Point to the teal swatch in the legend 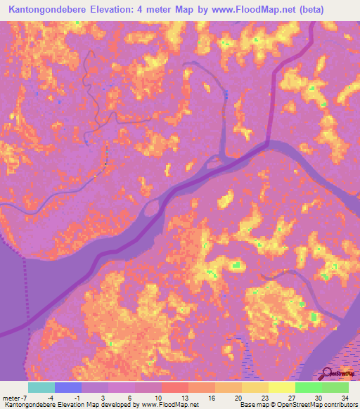41,387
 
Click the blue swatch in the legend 68,387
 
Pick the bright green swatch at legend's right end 335,387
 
